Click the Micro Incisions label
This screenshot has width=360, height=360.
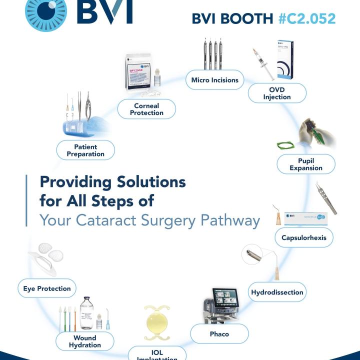(214, 80)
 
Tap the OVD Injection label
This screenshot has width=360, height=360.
(276, 93)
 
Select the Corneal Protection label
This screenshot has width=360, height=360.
(146, 109)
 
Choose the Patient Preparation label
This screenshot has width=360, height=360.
(85, 150)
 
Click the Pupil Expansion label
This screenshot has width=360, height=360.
(305, 164)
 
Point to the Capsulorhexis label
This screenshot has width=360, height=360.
(303, 237)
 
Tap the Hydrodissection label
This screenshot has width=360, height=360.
(277, 292)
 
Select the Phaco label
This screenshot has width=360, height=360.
(219, 333)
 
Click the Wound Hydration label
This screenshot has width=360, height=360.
(84, 341)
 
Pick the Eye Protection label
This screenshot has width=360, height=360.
(47, 288)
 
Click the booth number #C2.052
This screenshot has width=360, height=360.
(307, 18)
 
